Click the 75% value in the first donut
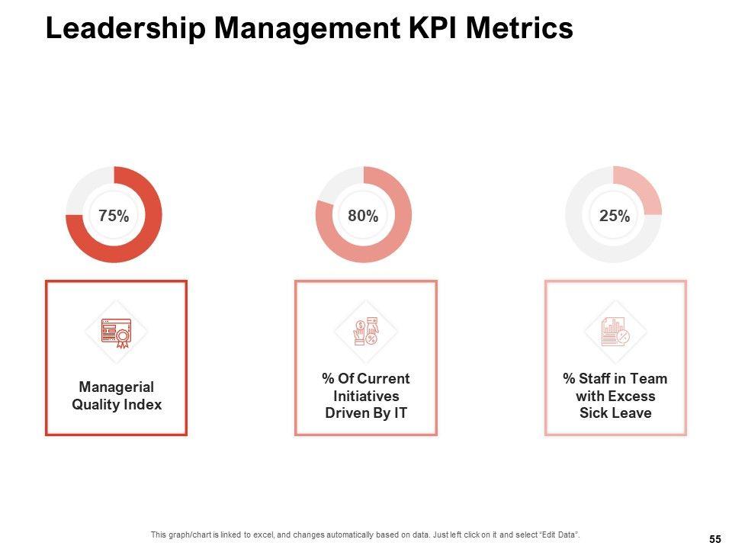[114, 216]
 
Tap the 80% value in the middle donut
[363, 216]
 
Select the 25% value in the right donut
[614, 216]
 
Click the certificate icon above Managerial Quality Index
[116, 333]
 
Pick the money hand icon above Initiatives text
[366, 332]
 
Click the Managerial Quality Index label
[117, 396]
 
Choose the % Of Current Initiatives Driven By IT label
[366, 396]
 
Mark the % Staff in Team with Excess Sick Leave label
[615, 396]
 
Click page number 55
[715, 539]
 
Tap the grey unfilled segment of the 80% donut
[336, 186]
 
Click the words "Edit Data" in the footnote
[565, 534]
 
